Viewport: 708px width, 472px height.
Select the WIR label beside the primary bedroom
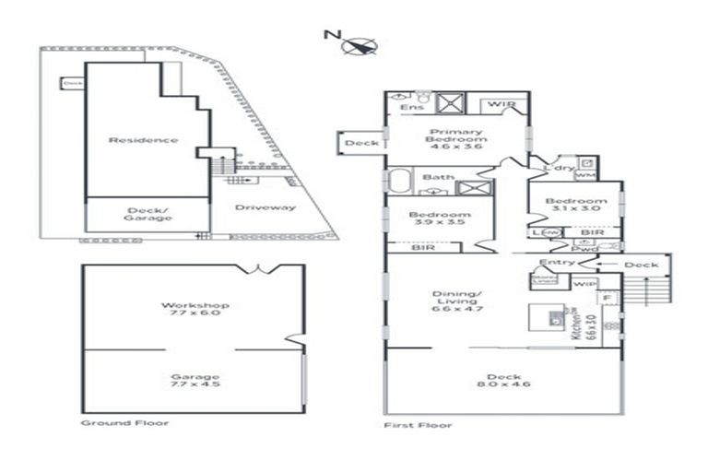click(501, 105)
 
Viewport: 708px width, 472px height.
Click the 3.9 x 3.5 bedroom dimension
click(436, 224)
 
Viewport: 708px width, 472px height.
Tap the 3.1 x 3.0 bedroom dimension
click(575, 209)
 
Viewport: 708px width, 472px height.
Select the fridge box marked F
click(608, 298)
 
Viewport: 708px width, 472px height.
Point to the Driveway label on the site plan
click(265, 207)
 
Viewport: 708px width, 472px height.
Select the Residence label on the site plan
click(143, 140)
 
